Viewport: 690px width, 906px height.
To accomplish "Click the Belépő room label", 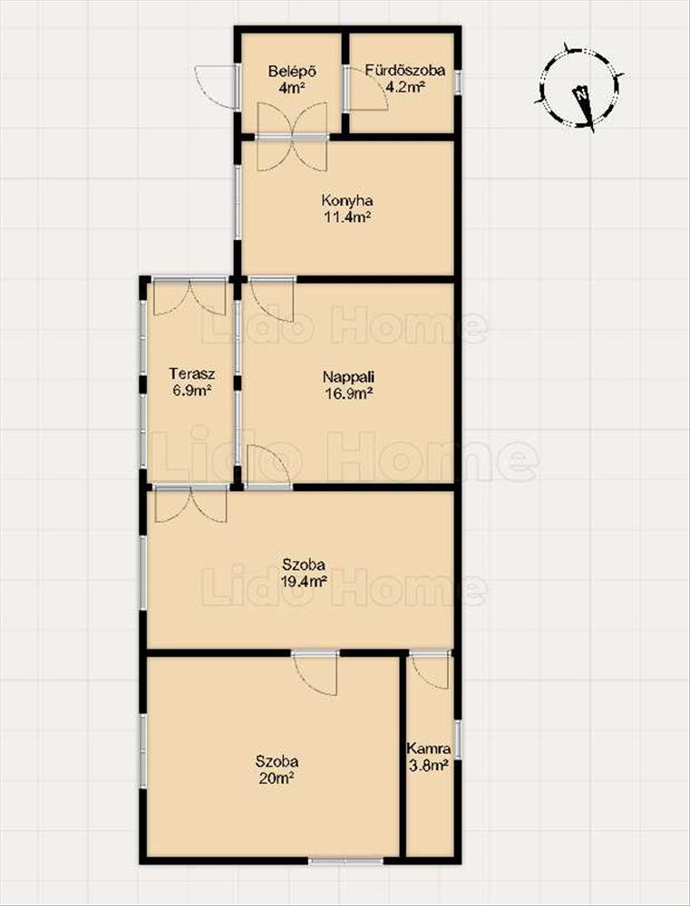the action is tap(291, 72).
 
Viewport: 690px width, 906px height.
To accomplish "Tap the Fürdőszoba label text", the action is tap(405, 71).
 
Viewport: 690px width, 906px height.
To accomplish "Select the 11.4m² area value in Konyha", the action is tap(347, 217).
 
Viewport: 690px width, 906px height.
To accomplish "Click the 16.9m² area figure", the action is tap(347, 394).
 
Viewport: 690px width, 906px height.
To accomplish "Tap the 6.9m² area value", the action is tap(190, 390).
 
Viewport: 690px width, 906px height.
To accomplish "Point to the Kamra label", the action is tap(429, 749).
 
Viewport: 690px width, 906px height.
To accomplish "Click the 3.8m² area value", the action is tap(429, 766).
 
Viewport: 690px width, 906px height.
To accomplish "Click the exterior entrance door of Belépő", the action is tap(218, 87).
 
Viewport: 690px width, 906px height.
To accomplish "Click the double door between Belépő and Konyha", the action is tap(292, 137).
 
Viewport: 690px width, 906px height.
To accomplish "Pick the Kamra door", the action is tap(430, 670).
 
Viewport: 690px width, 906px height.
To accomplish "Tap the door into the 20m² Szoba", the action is tap(315, 673).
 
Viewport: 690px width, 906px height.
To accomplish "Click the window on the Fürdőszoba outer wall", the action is tap(458, 82).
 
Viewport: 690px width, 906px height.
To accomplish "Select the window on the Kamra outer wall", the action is tap(458, 739).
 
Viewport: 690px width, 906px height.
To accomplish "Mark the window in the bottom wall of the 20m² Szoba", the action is tap(345, 861).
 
